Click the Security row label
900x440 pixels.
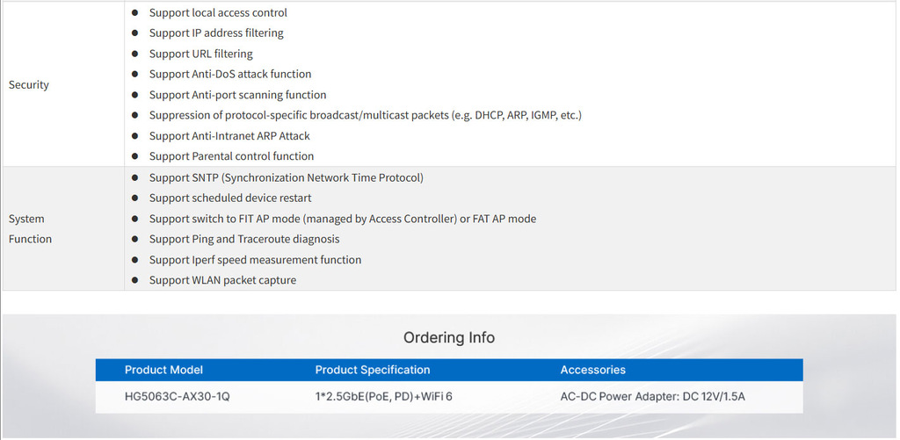(x=29, y=85)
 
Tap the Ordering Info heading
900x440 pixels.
(x=449, y=338)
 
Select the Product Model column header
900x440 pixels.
(x=163, y=370)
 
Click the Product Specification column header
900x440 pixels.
(x=373, y=370)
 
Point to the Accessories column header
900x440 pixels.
(x=592, y=370)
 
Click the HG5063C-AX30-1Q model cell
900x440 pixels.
(x=177, y=397)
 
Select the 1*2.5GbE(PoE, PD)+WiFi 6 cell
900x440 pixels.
(x=383, y=397)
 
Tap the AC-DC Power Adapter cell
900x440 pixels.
(x=652, y=397)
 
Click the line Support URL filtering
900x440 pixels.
(x=200, y=54)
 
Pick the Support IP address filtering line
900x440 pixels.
(x=216, y=33)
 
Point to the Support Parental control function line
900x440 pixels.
(x=231, y=156)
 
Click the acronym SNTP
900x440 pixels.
(x=206, y=177)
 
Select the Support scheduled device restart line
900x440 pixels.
(x=230, y=198)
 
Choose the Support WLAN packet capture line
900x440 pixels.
(x=222, y=280)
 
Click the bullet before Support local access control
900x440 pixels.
(x=134, y=13)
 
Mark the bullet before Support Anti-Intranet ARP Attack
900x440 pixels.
(x=134, y=136)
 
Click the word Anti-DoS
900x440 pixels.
(x=214, y=75)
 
